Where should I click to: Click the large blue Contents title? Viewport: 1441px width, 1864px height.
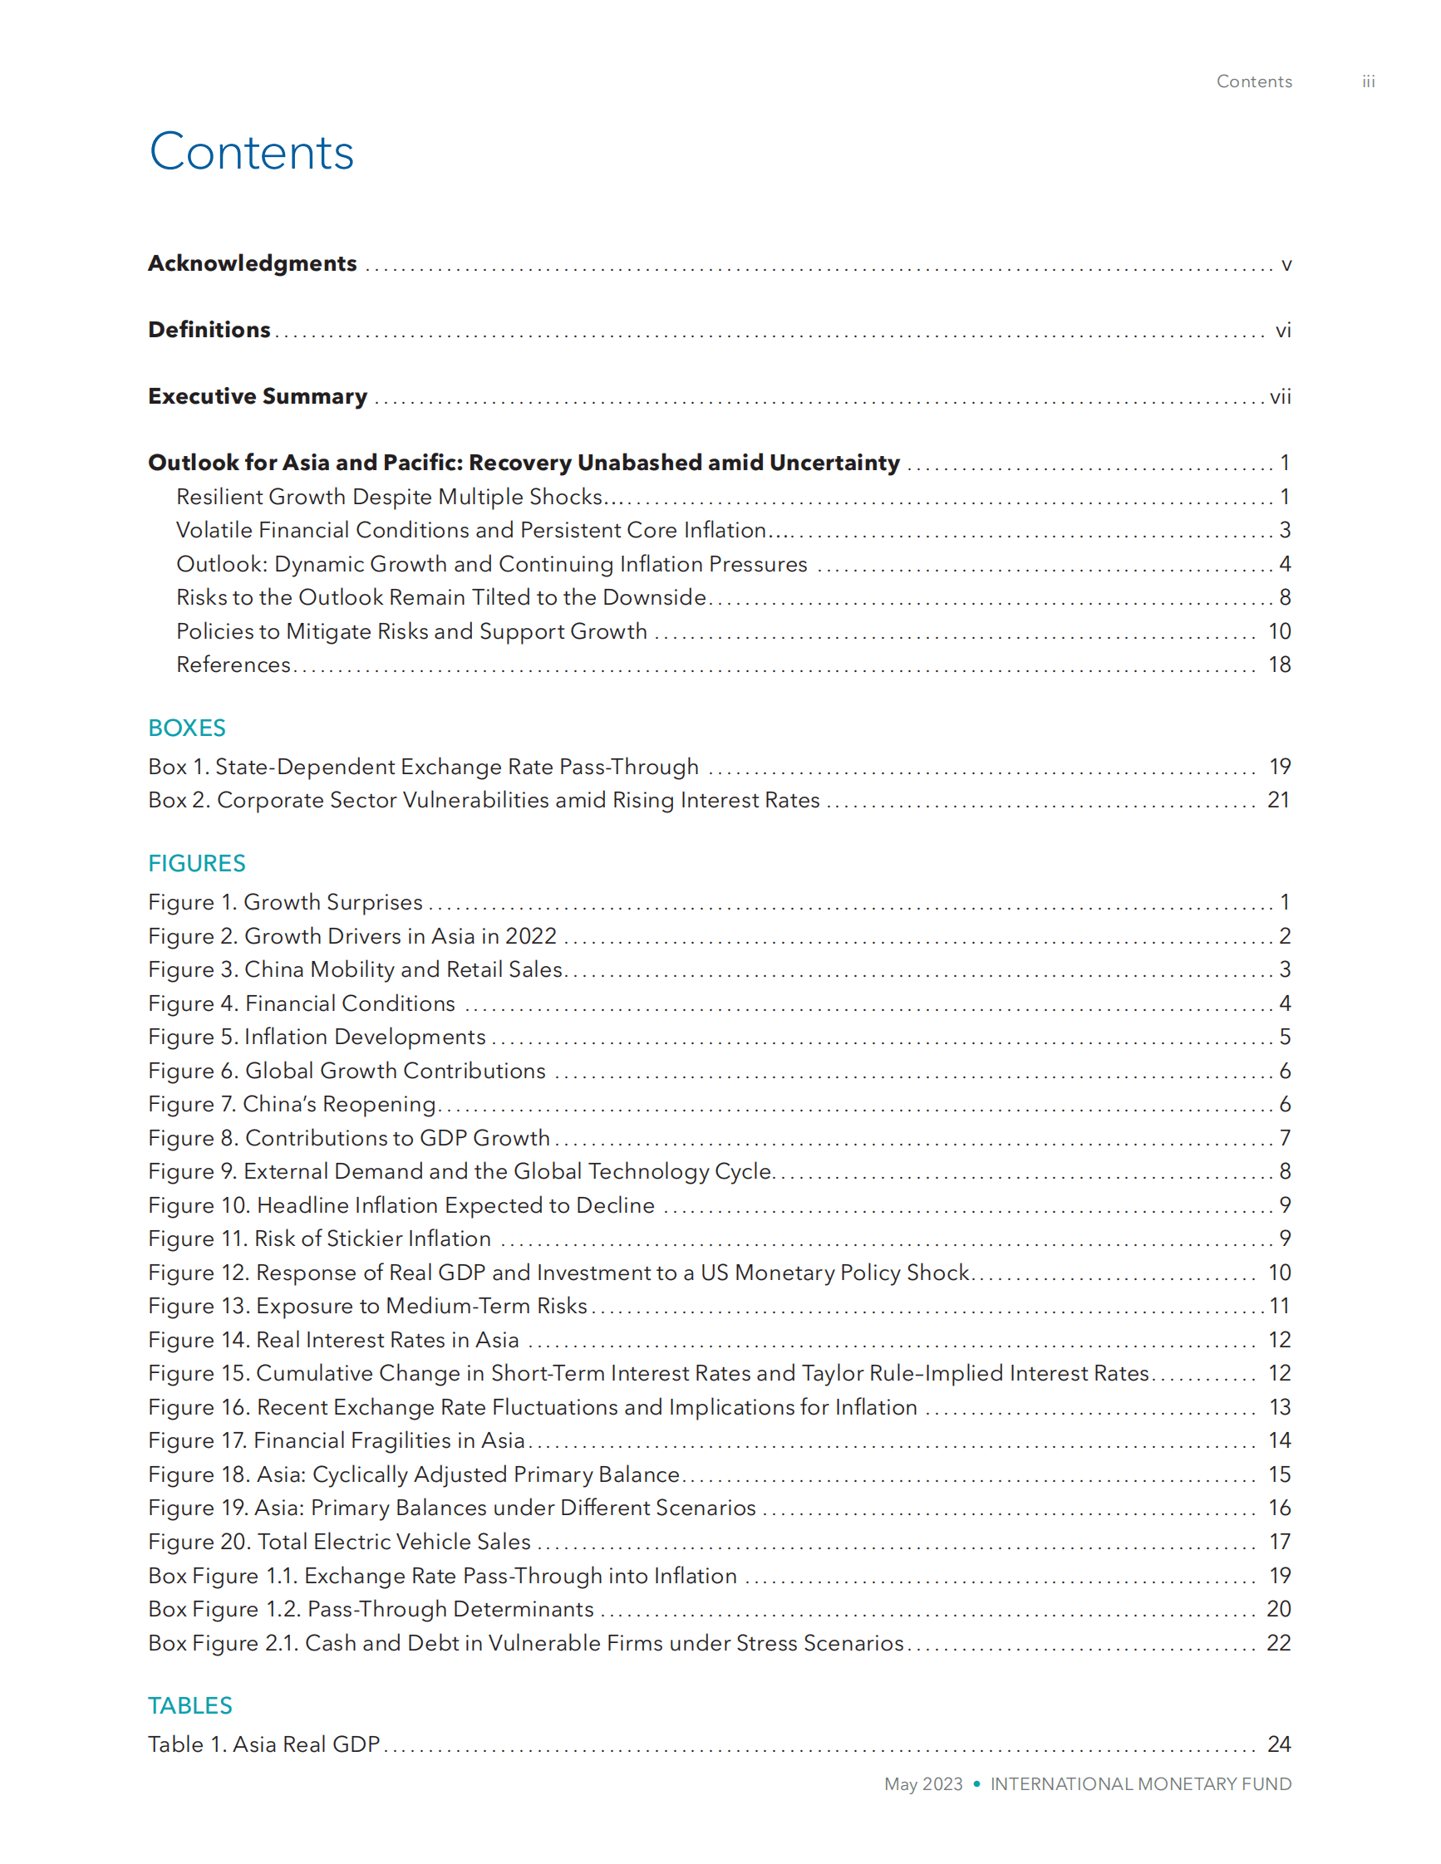point(251,153)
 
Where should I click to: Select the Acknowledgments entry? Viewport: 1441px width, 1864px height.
point(252,263)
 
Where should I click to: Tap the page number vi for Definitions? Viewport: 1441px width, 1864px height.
point(1282,331)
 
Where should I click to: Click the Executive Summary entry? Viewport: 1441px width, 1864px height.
point(257,397)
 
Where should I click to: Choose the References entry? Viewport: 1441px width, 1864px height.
point(233,665)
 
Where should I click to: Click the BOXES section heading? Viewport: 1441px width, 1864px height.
point(186,728)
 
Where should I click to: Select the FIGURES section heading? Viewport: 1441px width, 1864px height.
point(196,864)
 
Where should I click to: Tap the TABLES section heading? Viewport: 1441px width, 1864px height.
point(189,1705)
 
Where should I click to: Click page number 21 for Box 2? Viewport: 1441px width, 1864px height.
point(1278,801)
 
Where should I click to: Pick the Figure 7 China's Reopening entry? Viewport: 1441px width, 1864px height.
point(292,1105)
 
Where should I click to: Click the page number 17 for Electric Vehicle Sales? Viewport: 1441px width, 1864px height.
point(1279,1543)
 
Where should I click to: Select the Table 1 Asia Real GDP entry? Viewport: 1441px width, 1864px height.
point(263,1744)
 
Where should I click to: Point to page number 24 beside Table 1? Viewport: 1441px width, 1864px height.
point(1278,1744)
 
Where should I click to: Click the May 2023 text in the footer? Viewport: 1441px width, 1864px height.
point(922,1784)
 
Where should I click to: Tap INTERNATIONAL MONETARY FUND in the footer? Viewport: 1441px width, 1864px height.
point(1140,1784)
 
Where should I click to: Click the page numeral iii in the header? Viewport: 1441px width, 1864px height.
point(1368,82)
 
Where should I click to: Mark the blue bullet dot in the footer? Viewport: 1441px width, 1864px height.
point(976,1783)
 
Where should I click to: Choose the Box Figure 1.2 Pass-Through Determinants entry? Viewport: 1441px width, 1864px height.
point(371,1610)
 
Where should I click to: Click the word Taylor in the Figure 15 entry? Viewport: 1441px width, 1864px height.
point(832,1373)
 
